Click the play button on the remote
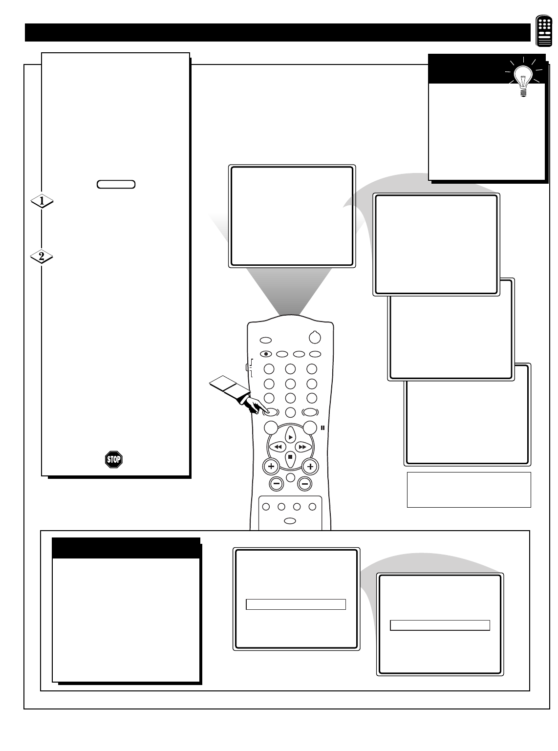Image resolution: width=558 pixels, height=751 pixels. pos(290,436)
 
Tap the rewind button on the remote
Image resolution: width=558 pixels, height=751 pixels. pos(278,447)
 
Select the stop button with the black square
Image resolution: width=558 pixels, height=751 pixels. pos(290,458)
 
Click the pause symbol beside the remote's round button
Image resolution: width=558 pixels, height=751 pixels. pos(322,428)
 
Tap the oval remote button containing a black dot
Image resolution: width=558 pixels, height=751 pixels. pos(266,354)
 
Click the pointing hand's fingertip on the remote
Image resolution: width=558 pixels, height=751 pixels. pos(267,411)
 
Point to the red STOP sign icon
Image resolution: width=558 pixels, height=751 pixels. pos(114,459)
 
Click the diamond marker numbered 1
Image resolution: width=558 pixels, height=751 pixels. pos(42,201)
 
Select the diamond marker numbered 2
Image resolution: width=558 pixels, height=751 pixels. pos(42,257)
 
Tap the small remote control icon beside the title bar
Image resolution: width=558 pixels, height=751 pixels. pos(544,30)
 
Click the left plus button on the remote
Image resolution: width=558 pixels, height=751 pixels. pos(271,466)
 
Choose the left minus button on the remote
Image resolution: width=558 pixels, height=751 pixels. pos(276,484)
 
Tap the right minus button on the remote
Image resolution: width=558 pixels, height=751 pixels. pos(304,484)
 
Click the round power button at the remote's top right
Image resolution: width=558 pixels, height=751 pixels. pos(315,337)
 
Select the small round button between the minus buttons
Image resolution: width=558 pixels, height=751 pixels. pos(291,477)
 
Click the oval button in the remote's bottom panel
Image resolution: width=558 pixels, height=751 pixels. pos(290,521)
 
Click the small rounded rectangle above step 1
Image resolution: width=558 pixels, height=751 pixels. pos(116,184)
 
